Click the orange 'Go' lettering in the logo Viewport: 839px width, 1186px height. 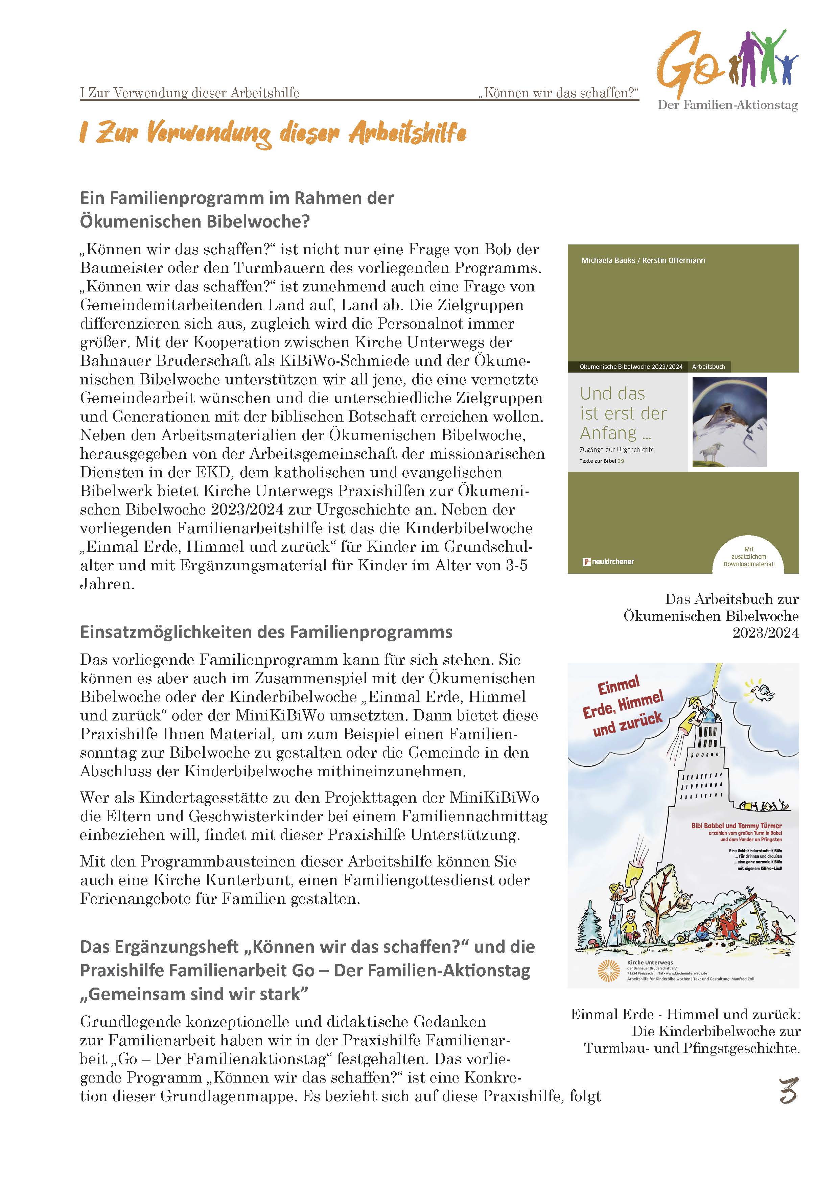coord(684,66)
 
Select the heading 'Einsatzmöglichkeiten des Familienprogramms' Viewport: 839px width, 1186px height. coord(266,632)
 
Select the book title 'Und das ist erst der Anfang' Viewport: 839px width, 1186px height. coord(623,413)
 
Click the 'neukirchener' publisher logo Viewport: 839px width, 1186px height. coord(608,562)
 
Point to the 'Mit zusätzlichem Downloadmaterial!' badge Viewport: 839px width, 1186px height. coord(749,557)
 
